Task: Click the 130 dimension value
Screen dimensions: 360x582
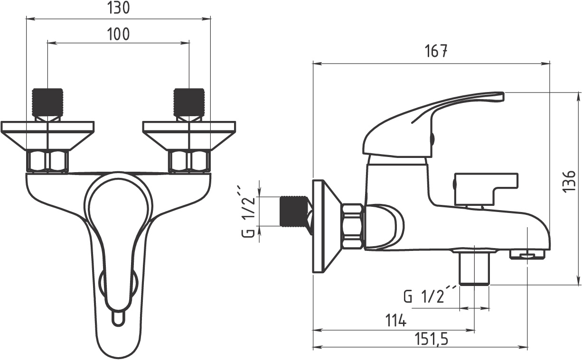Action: (118, 8)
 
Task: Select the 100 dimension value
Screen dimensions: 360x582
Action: (118, 33)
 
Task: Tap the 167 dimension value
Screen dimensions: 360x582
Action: (435, 51)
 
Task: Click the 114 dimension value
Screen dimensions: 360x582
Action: (396, 321)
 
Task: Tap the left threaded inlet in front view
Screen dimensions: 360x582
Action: (47, 102)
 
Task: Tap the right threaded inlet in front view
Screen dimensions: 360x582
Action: (189, 102)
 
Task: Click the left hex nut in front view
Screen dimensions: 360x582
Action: (47, 161)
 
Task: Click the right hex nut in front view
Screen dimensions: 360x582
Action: (189, 161)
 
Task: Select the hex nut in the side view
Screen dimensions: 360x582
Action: (353, 226)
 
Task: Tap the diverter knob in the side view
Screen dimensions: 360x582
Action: (484, 187)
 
